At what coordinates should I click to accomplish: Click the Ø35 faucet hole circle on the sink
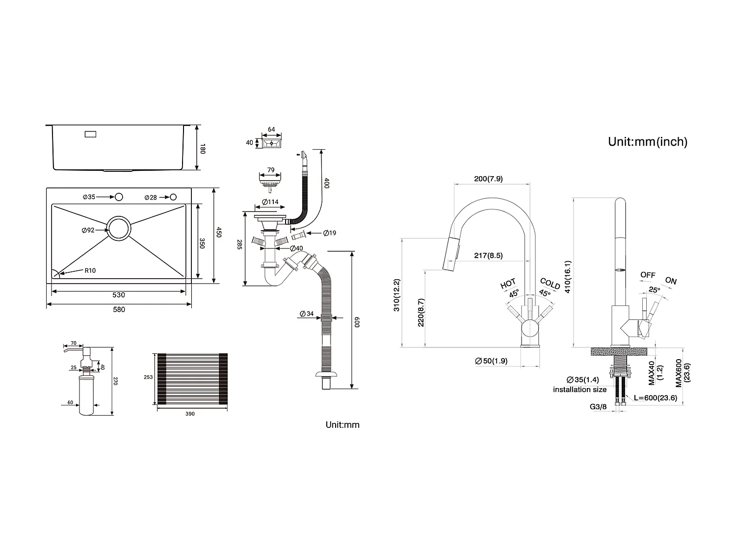[118, 197]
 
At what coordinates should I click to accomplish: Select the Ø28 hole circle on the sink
[173, 197]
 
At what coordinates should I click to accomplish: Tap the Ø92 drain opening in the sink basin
[119, 229]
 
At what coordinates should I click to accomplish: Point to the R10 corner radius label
[90, 270]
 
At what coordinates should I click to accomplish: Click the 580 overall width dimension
[119, 310]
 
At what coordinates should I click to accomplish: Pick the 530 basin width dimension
[119, 295]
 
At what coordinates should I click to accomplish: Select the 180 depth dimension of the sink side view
[202, 148]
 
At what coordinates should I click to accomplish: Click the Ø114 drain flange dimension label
[270, 202]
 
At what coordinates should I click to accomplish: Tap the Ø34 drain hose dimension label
[307, 314]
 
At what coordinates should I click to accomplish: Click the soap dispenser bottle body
[86, 395]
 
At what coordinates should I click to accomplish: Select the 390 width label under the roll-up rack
[190, 414]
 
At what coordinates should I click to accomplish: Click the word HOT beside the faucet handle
[508, 284]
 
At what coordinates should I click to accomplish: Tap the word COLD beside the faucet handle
[550, 284]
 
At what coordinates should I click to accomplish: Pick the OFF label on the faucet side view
[648, 275]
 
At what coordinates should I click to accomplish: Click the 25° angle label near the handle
[654, 290]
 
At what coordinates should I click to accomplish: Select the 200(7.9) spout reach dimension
[488, 179]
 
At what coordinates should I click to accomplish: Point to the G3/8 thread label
[598, 407]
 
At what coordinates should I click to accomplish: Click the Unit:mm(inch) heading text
[647, 142]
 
